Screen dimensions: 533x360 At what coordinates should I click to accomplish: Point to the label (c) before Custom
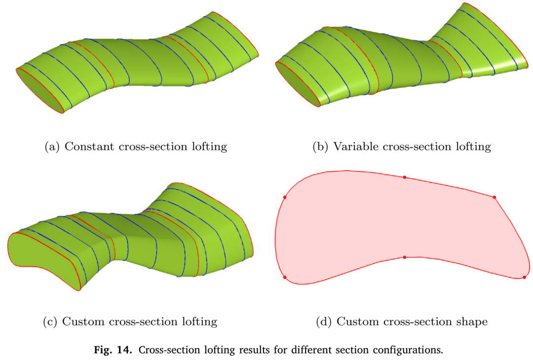pyautogui.click(x=50, y=321)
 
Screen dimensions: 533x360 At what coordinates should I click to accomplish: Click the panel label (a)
pyautogui.click(x=52, y=147)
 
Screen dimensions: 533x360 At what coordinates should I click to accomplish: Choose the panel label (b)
pyautogui.click(x=320, y=147)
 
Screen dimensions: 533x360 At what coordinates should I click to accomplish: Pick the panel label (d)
pyautogui.click(x=324, y=321)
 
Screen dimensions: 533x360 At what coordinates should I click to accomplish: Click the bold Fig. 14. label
pyautogui.click(x=113, y=350)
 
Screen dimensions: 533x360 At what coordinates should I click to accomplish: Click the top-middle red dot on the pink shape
pyautogui.click(x=405, y=177)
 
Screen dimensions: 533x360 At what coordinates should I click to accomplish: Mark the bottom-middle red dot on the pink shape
pyautogui.click(x=405, y=257)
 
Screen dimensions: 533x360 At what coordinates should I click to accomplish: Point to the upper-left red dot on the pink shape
pyautogui.click(x=285, y=198)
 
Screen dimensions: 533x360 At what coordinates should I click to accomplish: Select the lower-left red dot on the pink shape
pyautogui.click(x=285, y=278)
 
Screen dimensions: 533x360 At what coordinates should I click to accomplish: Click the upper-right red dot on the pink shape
pyautogui.click(x=494, y=198)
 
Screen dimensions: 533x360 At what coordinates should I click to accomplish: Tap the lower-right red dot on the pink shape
pyautogui.click(x=524, y=278)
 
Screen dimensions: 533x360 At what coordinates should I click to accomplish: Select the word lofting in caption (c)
pyautogui.click(x=199, y=321)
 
